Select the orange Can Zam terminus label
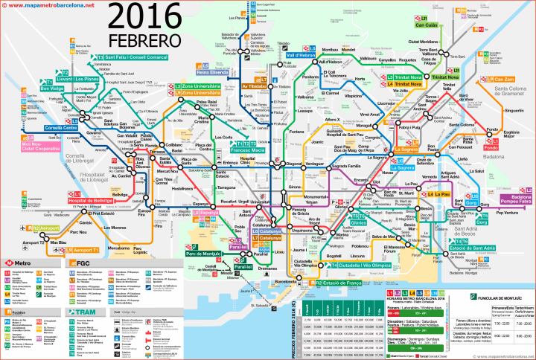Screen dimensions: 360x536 [x=504, y=80]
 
